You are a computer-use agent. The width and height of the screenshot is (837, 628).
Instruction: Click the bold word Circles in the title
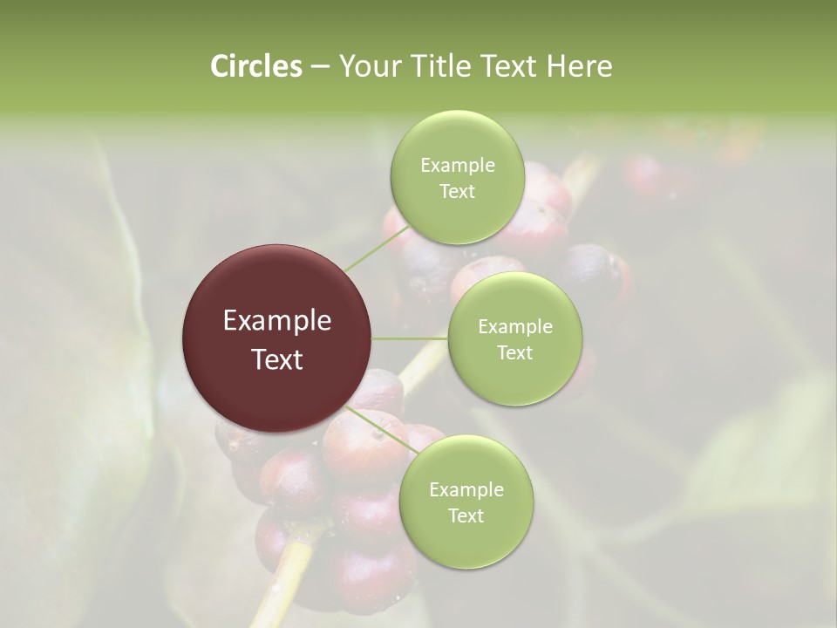pyautogui.click(x=256, y=66)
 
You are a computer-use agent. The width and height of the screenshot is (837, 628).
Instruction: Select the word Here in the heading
pyautogui.click(x=580, y=66)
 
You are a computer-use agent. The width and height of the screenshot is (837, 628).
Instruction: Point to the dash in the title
pyautogui.click(x=319, y=67)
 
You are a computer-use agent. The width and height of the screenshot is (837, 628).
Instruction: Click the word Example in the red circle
pyautogui.click(x=277, y=321)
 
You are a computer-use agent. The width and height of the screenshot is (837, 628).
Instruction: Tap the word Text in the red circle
pyautogui.click(x=277, y=359)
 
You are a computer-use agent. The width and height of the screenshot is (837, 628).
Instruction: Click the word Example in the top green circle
pyautogui.click(x=457, y=166)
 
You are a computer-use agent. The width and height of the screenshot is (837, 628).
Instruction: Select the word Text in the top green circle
pyautogui.click(x=457, y=192)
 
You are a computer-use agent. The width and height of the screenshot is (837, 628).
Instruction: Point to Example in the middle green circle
pyautogui.click(x=514, y=327)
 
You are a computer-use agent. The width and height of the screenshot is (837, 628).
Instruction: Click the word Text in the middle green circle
pyautogui.click(x=514, y=353)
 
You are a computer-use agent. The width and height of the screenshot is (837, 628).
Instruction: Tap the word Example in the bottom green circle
pyautogui.click(x=466, y=490)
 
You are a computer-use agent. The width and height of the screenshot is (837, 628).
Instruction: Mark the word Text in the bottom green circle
pyautogui.click(x=466, y=516)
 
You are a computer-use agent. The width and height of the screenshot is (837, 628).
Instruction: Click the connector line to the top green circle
pyautogui.click(x=369, y=249)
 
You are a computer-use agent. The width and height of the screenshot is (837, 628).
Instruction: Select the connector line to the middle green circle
pyautogui.click(x=410, y=338)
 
